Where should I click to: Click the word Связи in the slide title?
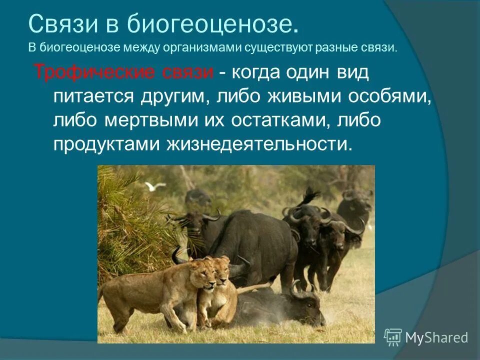[59, 24]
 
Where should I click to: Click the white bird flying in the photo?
[155, 186]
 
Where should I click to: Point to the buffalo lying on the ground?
[280, 307]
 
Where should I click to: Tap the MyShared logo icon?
[393, 337]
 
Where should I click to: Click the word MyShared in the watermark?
[436, 337]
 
